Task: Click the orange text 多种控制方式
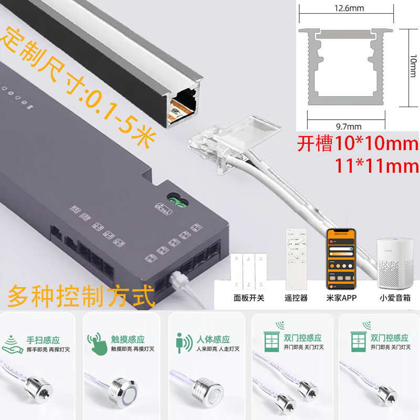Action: [x=81, y=296]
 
